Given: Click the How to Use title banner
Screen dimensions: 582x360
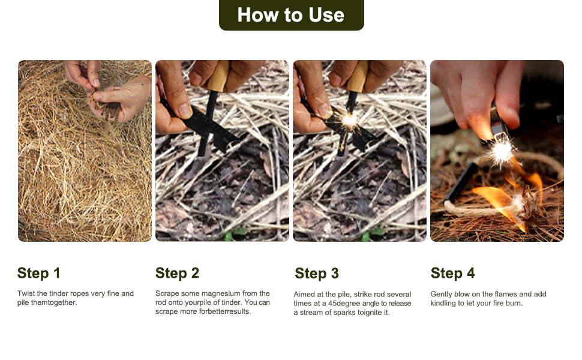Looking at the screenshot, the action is pos(292,15).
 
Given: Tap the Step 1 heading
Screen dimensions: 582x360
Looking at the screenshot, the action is pos(38,273).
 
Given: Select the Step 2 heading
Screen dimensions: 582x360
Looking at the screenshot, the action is pos(177,273).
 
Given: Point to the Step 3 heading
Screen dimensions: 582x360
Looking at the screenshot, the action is pos(317,274).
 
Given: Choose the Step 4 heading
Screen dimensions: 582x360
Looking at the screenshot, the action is pos(452,273).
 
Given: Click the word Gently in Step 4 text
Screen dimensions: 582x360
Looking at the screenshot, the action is pos(442,295).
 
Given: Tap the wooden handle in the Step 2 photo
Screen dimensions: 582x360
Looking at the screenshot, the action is pos(218,76).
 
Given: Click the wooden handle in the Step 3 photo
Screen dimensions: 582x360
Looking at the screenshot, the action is pos(356,76).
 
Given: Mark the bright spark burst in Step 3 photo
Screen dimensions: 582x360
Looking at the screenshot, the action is pos(349,119).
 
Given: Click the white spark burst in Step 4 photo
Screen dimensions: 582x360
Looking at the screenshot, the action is pos(501,151).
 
